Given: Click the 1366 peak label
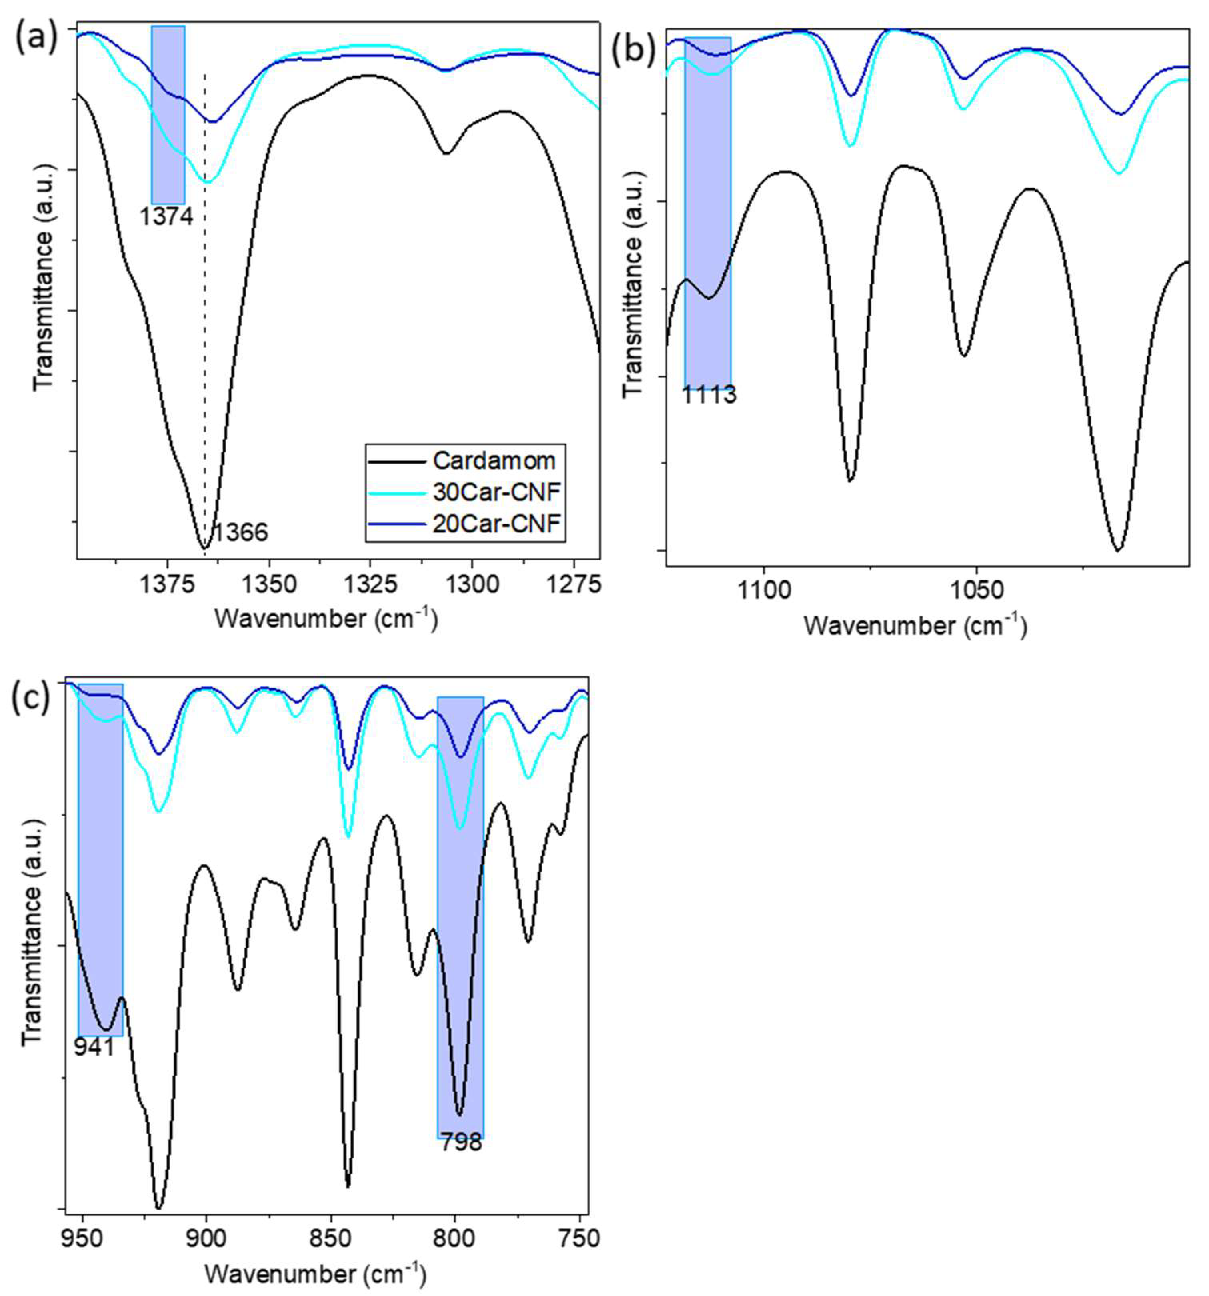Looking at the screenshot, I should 240,533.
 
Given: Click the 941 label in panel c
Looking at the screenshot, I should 94,1048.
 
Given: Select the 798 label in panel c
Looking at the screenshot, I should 461,1142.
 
